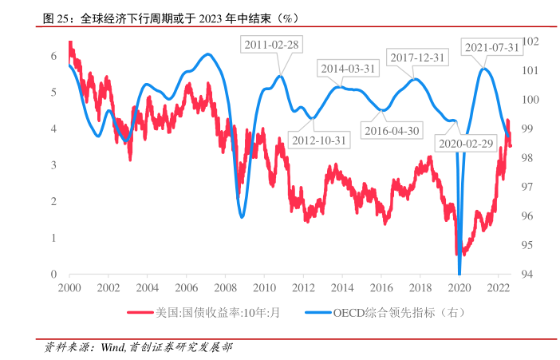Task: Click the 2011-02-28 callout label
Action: pyautogui.click(x=271, y=45)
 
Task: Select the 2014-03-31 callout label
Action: pyautogui.click(x=348, y=69)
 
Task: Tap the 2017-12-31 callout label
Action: pyautogui.click(x=418, y=57)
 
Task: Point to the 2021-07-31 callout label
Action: pyautogui.click(x=491, y=47)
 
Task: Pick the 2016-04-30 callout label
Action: pyautogui.click(x=391, y=130)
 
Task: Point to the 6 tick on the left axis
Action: pyautogui.click(x=53, y=56)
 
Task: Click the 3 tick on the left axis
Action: pyautogui.click(x=53, y=165)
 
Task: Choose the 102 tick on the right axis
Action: pyautogui.click(x=531, y=42)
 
